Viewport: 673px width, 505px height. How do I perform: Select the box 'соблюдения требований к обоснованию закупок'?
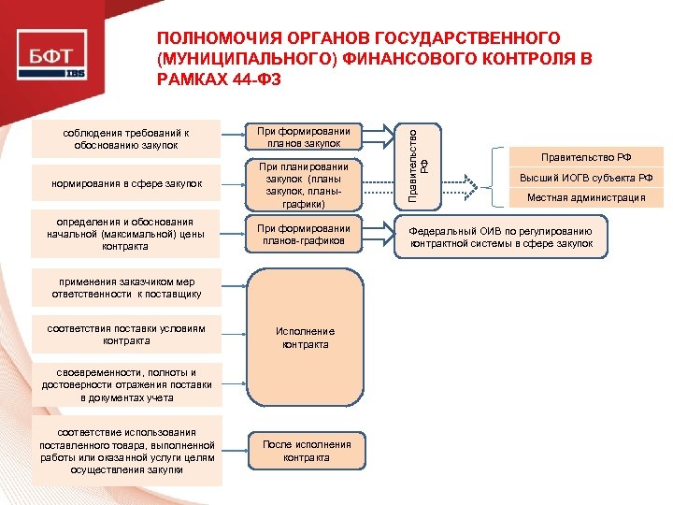click(126, 138)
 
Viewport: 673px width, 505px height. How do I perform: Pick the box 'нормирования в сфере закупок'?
click(126, 184)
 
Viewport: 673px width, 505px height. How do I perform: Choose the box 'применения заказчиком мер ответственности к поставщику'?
click(126, 287)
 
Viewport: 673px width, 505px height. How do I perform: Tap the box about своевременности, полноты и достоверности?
click(126, 385)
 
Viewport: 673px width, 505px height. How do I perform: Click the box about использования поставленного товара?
click(126, 451)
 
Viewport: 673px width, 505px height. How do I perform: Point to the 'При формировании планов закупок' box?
click(304, 137)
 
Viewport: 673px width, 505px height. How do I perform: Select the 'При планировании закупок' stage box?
click(304, 184)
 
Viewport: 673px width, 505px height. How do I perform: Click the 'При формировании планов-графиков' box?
click(304, 235)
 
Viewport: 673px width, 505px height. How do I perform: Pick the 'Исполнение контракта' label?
click(306, 338)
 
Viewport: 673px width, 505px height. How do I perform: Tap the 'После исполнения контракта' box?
click(306, 451)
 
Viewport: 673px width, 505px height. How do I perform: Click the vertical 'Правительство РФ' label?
click(416, 162)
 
